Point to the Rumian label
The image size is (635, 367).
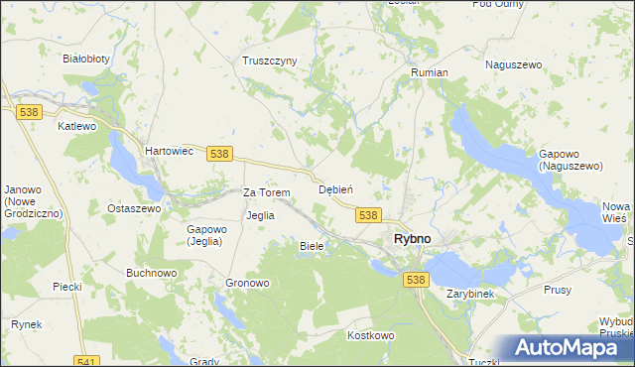pyautogui.click(x=430, y=73)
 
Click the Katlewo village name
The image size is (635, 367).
pyautogui.click(x=76, y=127)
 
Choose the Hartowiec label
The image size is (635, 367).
pyautogui.click(x=167, y=150)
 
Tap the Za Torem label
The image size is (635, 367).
pyautogui.click(x=267, y=192)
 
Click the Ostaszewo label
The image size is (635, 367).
pyautogui.click(x=134, y=209)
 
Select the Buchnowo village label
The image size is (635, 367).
pyautogui.click(x=151, y=272)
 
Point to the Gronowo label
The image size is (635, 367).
pyautogui.click(x=248, y=283)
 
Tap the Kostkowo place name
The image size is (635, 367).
pyautogui.click(x=371, y=335)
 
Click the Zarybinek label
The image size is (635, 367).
pyautogui.click(x=470, y=295)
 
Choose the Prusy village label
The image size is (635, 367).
pyautogui.click(x=558, y=290)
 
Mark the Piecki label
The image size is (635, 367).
pyautogui.click(x=67, y=287)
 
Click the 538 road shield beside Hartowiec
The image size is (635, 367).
pyautogui.click(x=220, y=153)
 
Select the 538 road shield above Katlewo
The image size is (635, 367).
pyautogui.click(x=28, y=113)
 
